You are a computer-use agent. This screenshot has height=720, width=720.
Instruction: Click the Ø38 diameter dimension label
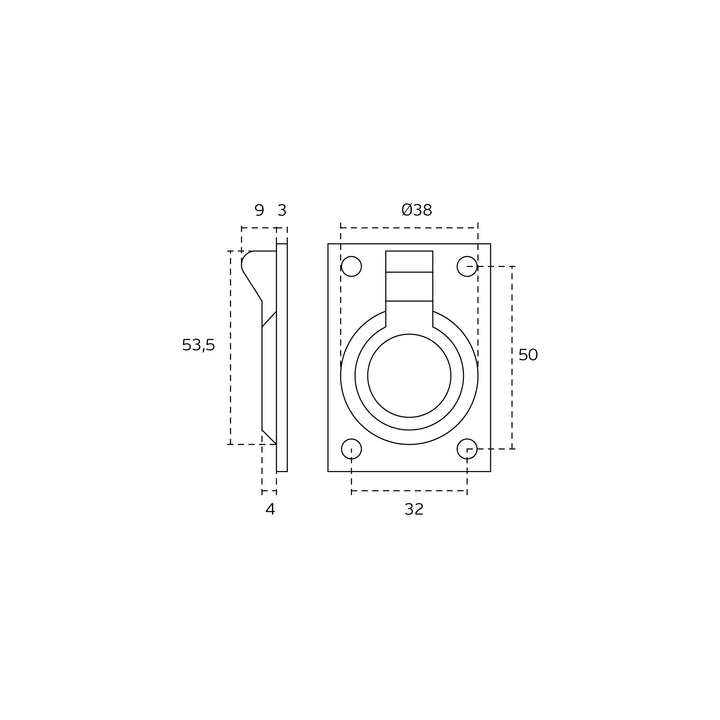point(417,210)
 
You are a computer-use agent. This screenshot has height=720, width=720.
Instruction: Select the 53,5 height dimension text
point(198,345)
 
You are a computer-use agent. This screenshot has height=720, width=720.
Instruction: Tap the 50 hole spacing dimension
point(528,354)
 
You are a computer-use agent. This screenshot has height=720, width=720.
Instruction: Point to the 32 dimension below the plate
point(414,509)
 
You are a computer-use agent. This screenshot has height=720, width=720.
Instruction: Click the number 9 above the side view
point(259,210)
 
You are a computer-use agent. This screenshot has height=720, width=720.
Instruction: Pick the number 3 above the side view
point(282,210)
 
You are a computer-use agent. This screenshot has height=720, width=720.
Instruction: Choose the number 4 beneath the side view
point(270,509)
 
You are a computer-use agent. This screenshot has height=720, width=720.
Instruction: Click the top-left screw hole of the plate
point(352,266)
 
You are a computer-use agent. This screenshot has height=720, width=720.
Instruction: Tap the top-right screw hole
point(467,266)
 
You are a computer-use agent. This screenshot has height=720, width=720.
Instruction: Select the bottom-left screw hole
point(352,449)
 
